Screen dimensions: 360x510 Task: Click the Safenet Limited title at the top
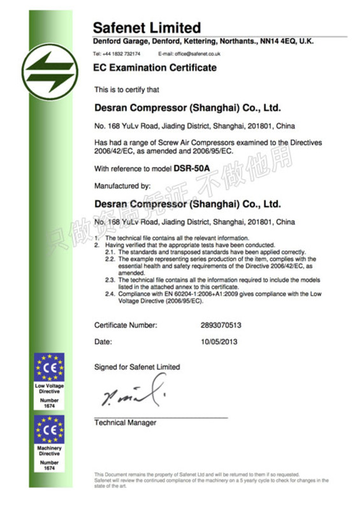(x=147, y=27)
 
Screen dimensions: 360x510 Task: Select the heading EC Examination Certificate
(x=154, y=68)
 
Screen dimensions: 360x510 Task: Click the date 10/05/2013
(x=219, y=341)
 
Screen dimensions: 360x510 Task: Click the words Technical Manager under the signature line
(x=125, y=423)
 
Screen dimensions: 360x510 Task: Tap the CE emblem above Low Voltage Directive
(x=49, y=368)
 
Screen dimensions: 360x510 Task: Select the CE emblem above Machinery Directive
(x=49, y=429)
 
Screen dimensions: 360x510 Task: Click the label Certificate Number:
(x=126, y=325)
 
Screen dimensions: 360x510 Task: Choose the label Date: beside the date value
(x=103, y=341)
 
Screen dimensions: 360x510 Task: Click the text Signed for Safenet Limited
(x=136, y=367)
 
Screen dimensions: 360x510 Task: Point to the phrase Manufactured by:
(x=122, y=186)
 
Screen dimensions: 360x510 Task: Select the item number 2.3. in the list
(x=110, y=280)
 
